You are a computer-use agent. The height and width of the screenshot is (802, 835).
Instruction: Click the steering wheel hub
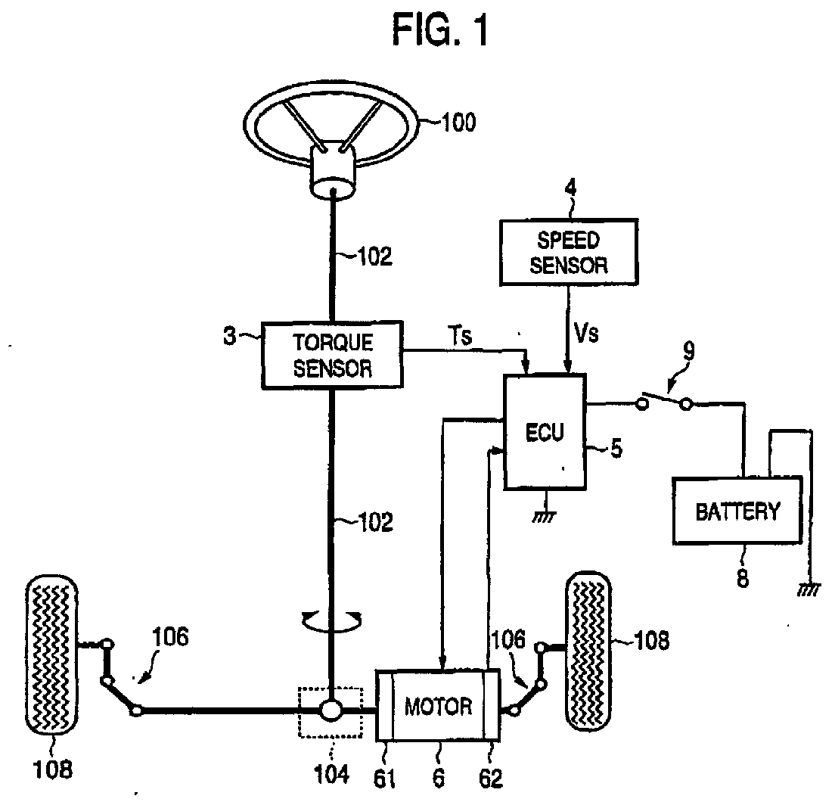point(334,170)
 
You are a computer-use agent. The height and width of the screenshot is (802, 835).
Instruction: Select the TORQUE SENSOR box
point(332,355)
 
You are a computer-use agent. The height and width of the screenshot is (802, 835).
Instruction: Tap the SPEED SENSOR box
point(569,252)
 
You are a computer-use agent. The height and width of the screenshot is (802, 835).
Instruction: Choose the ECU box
point(545,431)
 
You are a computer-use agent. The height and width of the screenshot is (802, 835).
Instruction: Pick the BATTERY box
point(737,511)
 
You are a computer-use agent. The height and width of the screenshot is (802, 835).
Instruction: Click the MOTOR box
point(438,706)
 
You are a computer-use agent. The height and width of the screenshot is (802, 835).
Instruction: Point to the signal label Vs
point(586,334)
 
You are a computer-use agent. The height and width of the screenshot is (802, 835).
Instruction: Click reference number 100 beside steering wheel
point(458,122)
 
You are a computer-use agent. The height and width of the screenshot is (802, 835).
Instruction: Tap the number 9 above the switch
point(688,352)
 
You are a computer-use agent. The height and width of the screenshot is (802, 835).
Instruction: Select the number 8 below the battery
point(743,577)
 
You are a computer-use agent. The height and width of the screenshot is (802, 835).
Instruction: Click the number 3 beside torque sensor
point(229,337)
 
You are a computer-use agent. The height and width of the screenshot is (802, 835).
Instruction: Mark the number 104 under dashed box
point(332,774)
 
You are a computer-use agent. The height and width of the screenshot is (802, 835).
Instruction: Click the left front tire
point(51,655)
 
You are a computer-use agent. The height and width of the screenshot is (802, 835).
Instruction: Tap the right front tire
point(588,651)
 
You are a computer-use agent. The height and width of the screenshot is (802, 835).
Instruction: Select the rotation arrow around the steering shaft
point(331,621)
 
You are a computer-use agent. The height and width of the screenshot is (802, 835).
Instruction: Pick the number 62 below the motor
point(490,779)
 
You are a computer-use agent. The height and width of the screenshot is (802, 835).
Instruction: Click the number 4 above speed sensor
point(570,188)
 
